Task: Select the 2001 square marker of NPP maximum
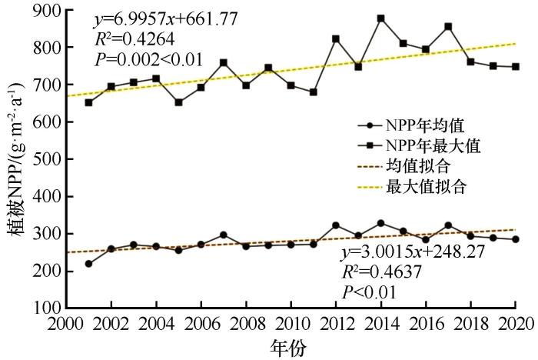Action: coord(89,102)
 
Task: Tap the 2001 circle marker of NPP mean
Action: coord(89,264)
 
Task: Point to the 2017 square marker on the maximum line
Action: coord(448,27)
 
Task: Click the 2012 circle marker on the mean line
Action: coord(336,225)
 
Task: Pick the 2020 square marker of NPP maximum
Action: coord(516,67)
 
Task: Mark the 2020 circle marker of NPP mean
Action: coord(516,239)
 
